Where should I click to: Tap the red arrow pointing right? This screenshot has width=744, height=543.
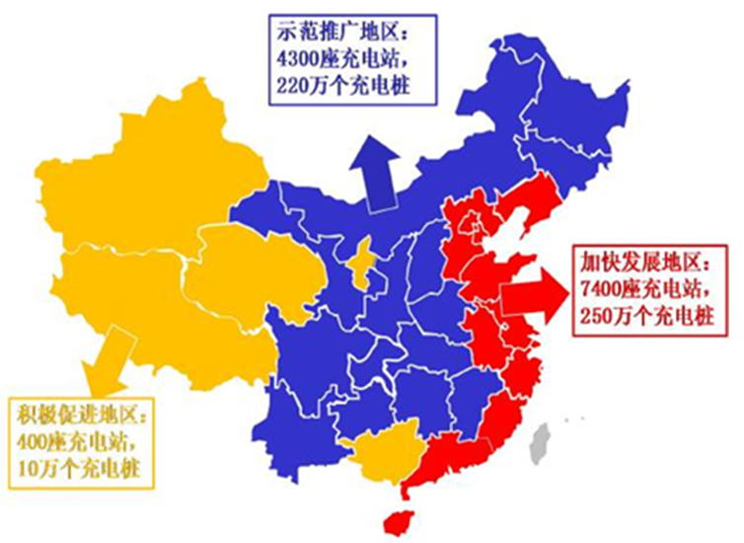(x=533, y=292)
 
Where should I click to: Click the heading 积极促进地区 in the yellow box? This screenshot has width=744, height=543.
(x=78, y=413)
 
